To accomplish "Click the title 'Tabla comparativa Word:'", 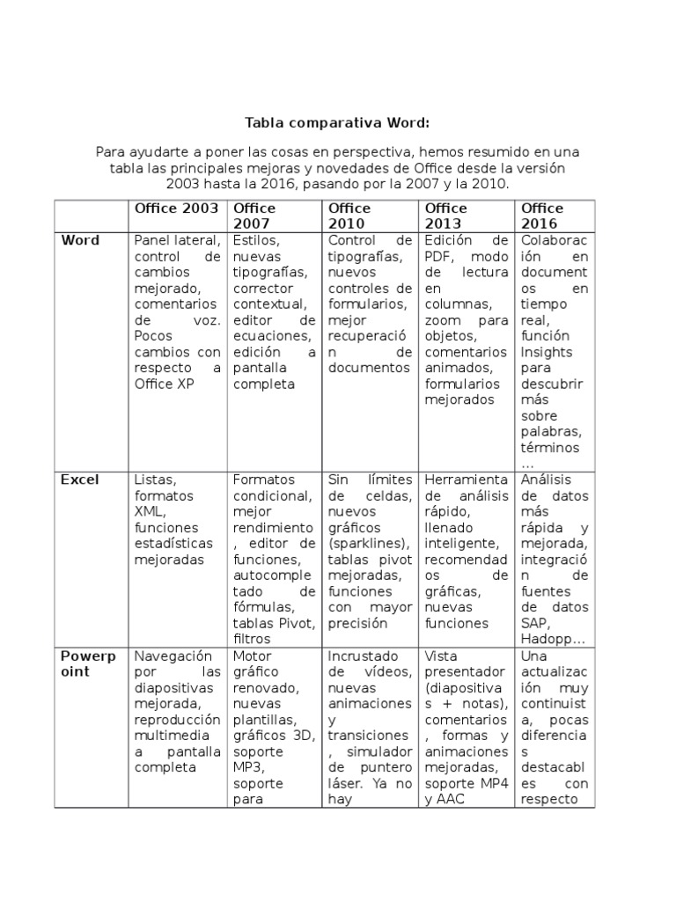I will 337,123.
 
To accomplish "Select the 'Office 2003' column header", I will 176,209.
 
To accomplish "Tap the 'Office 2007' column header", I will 253,216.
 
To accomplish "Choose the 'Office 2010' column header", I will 349,216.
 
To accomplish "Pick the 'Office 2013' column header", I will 445,216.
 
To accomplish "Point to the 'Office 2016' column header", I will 542,216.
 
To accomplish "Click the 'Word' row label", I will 80,240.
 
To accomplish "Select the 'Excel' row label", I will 80,480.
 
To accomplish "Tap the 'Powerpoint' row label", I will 86,663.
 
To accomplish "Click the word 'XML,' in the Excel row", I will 151,511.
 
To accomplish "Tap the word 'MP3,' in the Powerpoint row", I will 250,767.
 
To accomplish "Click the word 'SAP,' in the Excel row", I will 536,623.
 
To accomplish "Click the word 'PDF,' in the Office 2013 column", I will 440,256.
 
